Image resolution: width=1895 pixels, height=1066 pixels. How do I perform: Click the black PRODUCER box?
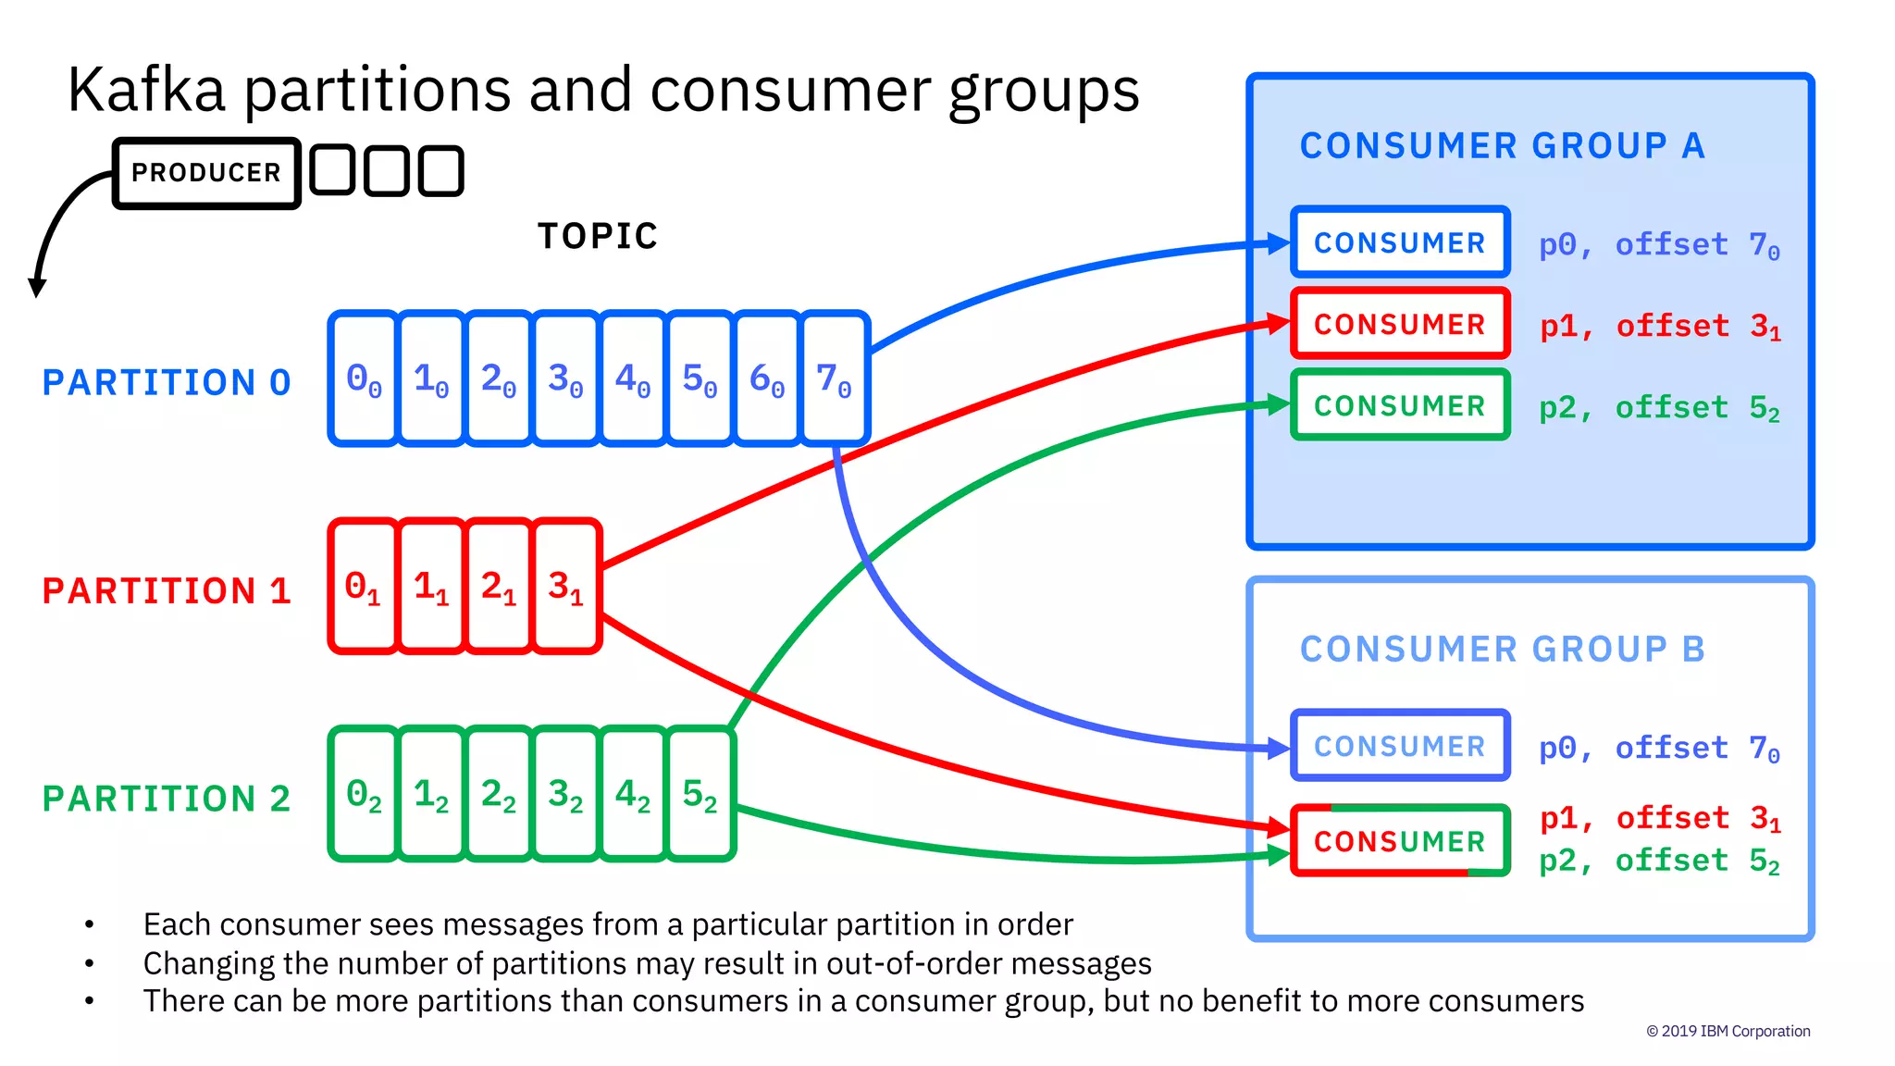click(x=206, y=173)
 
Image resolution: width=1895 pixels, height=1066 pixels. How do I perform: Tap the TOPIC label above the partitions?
click(x=598, y=237)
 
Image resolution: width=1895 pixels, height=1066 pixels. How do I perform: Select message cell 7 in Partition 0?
click(x=834, y=379)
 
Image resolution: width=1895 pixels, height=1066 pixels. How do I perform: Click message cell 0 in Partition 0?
click(x=364, y=379)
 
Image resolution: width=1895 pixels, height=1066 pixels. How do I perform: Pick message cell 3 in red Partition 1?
click(x=565, y=587)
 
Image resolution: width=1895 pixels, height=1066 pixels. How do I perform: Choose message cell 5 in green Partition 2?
click(x=700, y=794)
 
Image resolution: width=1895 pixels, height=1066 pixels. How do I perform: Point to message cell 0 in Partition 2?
click(x=364, y=794)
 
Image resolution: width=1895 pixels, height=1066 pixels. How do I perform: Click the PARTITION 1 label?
click(x=167, y=591)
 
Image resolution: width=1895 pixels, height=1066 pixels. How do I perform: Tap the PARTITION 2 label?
click(x=167, y=799)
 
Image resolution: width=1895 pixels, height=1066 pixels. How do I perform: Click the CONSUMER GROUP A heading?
click(x=1502, y=146)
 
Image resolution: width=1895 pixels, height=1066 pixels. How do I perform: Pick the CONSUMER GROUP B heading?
click(x=1502, y=650)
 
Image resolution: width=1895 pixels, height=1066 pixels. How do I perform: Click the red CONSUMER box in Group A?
click(x=1400, y=324)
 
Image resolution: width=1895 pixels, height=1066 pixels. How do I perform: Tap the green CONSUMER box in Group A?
click(x=1400, y=405)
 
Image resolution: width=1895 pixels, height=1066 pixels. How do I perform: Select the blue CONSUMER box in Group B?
click(x=1400, y=746)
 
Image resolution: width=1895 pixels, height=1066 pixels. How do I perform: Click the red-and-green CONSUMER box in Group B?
click(x=1400, y=841)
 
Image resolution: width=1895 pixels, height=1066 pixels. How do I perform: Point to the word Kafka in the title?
click(x=146, y=91)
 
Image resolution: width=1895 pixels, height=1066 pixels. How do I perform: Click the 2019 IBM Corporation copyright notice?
click(x=1728, y=1031)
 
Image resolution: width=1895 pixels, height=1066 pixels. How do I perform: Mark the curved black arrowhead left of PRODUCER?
click(x=37, y=286)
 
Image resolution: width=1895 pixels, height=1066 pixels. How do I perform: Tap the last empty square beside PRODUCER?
click(x=440, y=171)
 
